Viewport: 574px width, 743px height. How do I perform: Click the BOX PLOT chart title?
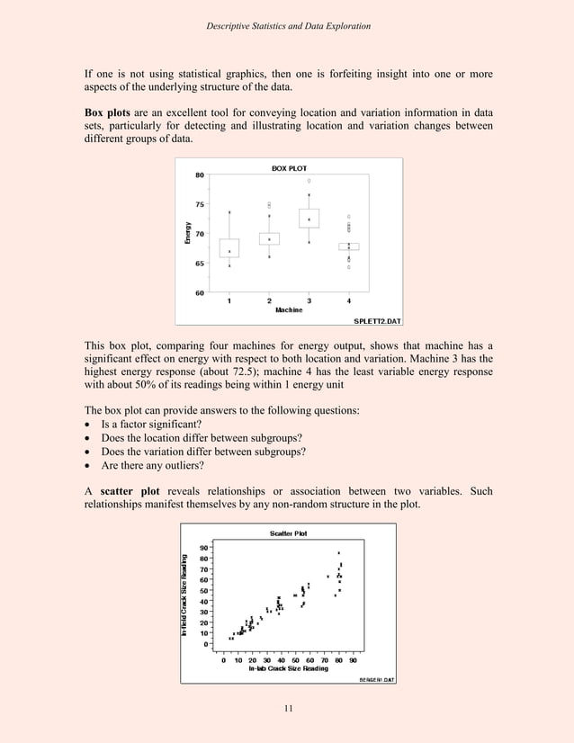click(x=289, y=168)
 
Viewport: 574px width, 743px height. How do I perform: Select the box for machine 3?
click(x=309, y=219)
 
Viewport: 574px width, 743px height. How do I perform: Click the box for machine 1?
click(x=229, y=248)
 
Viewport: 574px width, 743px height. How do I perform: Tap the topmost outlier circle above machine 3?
click(x=309, y=180)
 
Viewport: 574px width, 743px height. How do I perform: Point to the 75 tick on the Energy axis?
click(x=199, y=204)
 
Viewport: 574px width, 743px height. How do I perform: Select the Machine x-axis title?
click(x=288, y=309)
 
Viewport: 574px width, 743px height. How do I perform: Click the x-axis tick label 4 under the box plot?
click(x=349, y=300)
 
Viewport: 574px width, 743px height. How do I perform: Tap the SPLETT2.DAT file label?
click(x=377, y=320)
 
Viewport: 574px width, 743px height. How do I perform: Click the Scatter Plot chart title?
click(x=289, y=533)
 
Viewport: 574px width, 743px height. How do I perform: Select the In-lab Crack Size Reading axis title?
click(x=288, y=668)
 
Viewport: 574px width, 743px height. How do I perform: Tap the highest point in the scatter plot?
click(x=339, y=553)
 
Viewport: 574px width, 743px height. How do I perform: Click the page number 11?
click(x=287, y=708)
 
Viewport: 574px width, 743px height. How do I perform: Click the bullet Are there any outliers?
click(x=153, y=468)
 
